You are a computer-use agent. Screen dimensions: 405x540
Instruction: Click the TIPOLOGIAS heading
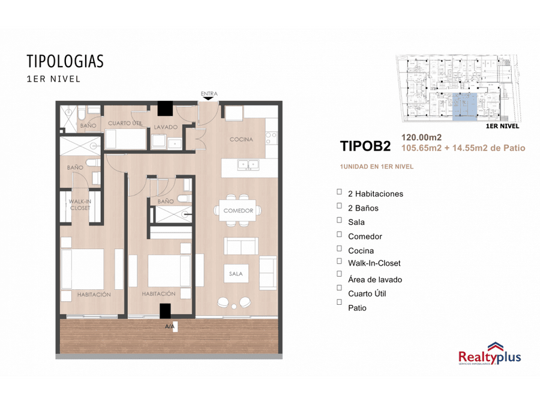[65, 61]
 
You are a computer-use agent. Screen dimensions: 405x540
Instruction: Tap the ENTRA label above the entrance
[209, 94]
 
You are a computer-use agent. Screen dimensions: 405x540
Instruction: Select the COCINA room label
[241, 139]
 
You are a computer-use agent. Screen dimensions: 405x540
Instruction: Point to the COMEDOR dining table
[238, 211]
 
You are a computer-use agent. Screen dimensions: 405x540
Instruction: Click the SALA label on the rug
[236, 274]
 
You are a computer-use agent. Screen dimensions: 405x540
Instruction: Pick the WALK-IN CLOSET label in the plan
[80, 205]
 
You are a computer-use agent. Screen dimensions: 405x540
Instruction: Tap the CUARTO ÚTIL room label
[124, 124]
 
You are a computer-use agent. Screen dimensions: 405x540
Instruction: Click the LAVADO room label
[165, 127]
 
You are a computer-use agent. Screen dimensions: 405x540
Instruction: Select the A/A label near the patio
[170, 326]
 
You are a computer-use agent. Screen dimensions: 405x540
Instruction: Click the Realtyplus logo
[490, 353]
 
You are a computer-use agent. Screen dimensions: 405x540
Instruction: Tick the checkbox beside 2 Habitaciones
[340, 192]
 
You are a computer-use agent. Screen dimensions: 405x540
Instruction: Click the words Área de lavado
[375, 280]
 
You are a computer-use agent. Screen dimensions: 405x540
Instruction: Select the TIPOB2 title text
[365, 146]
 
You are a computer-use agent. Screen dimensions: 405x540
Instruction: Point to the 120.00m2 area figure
[421, 137]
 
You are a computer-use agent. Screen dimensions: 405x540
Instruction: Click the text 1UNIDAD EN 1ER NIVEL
[376, 166]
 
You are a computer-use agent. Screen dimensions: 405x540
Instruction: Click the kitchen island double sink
[248, 163]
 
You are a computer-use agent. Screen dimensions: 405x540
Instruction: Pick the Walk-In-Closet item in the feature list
[374, 263]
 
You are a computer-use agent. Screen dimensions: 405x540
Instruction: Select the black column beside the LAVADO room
[165, 108]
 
